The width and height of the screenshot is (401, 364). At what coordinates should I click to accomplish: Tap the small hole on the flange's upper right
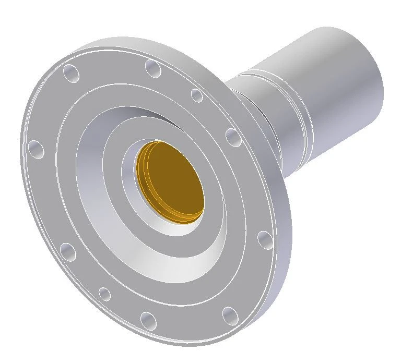pyautogui.click(x=196, y=95)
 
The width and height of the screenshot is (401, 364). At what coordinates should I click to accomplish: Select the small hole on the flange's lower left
pyautogui.click(x=105, y=294)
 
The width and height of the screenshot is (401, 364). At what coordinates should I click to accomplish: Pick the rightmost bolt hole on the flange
pyautogui.click(x=265, y=240)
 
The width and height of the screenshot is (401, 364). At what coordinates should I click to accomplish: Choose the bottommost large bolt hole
pyautogui.click(x=148, y=320)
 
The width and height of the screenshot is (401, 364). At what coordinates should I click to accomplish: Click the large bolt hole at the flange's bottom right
pyautogui.click(x=229, y=314)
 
